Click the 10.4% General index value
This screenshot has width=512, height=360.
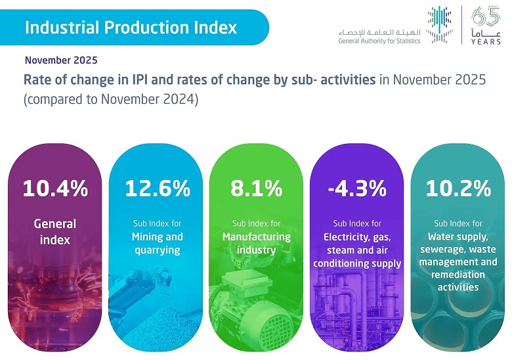click(x=55, y=189)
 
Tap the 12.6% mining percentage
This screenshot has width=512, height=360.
click(x=158, y=189)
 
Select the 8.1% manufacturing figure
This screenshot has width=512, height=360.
click(x=256, y=189)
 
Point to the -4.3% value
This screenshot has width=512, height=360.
click(x=356, y=189)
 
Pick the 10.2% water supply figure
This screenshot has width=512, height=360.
click(x=458, y=189)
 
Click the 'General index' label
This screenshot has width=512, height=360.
click(x=55, y=231)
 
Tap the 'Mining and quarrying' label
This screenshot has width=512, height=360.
click(x=158, y=243)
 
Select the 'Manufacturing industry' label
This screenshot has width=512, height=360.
click(x=256, y=243)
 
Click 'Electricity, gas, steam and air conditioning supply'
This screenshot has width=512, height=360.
click(x=356, y=250)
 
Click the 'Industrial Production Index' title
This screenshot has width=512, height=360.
click(x=131, y=28)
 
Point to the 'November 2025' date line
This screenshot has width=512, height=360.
click(x=61, y=60)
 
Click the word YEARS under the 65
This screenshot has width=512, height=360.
click(x=486, y=41)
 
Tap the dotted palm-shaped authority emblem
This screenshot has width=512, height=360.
click(x=439, y=26)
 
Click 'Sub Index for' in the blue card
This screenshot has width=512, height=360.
click(x=158, y=223)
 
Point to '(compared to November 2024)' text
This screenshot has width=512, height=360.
click(x=110, y=101)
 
